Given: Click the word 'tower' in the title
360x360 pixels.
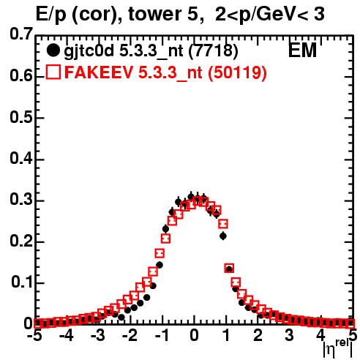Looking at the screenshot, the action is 153,15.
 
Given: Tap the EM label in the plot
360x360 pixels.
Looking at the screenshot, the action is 302,50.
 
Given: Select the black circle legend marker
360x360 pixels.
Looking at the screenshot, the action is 53,50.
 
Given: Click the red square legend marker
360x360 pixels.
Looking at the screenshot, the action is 53,72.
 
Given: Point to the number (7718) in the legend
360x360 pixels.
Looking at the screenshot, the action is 213,50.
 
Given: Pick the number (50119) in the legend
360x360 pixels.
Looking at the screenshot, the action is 237,72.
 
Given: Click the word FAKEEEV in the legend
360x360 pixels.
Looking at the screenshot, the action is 100,72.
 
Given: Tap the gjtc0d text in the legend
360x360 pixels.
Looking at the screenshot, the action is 89,52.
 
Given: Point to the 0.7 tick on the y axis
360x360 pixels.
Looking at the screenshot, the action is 21,34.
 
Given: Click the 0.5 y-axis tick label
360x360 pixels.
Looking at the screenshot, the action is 21,118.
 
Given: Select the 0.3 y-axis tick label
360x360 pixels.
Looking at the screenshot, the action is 21,200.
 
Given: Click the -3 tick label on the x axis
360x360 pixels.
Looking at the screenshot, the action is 98,335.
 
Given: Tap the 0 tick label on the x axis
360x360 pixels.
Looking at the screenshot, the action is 194,335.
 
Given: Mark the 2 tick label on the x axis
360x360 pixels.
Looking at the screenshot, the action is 258,335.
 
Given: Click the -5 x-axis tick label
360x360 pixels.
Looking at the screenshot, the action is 34,335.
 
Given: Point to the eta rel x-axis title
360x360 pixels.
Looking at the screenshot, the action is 338,348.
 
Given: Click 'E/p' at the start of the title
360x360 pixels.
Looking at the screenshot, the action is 50,15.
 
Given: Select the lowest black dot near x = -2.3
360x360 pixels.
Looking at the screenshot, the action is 121,318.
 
